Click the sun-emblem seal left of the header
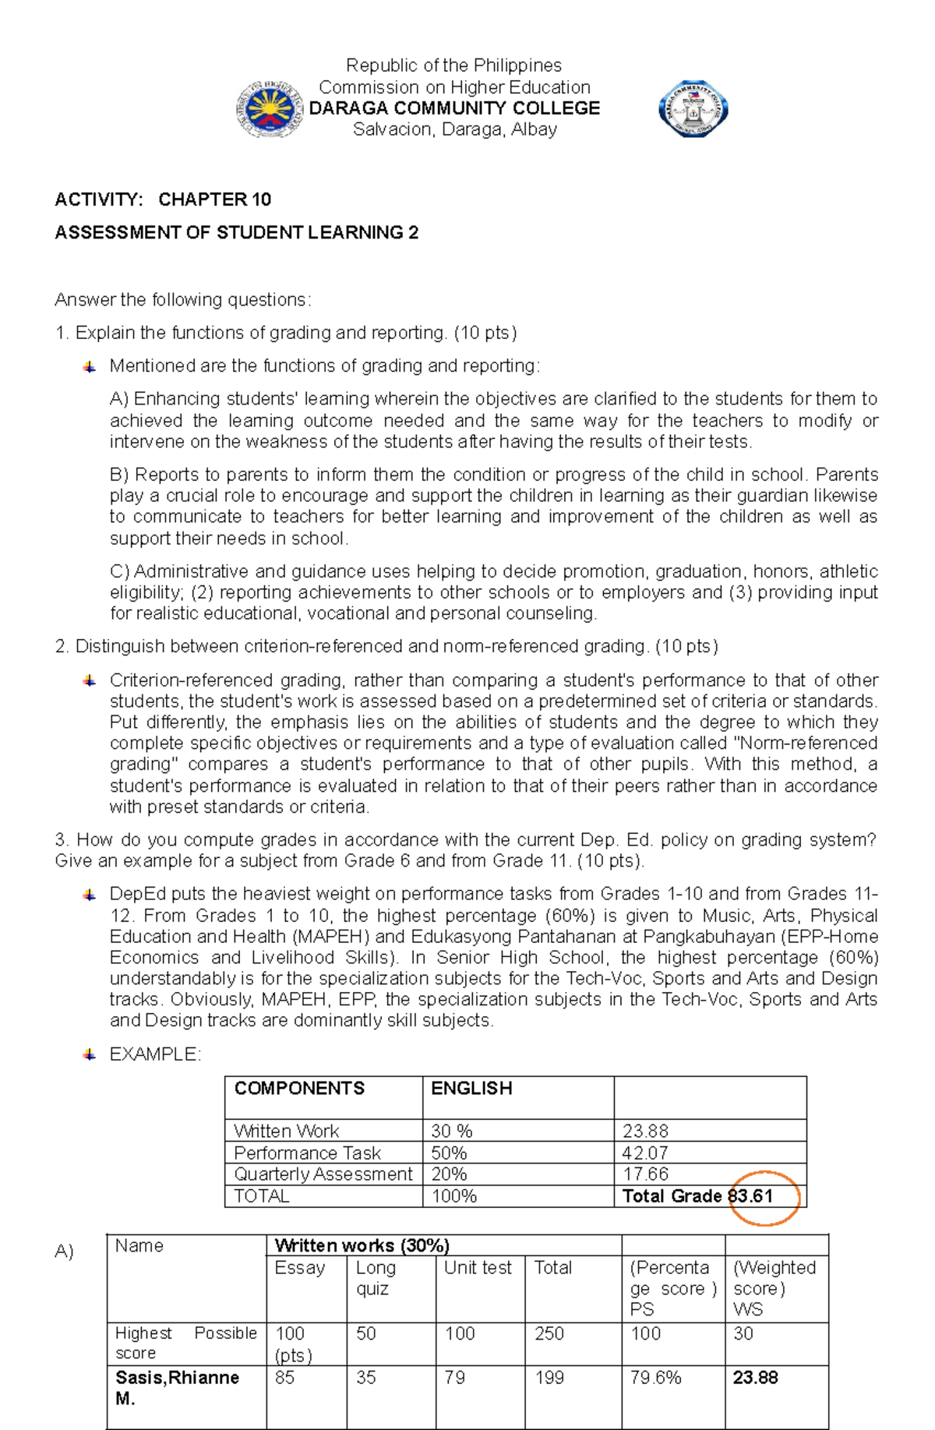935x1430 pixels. coord(270,110)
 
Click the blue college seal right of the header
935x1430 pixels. coord(693,109)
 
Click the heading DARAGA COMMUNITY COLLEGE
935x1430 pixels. coord(454,108)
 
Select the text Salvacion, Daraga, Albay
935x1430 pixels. coord(454,129)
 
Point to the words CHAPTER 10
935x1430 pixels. coord(214,199)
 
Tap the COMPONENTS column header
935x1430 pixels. coord(299,1089)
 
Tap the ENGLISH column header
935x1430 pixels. coord(471,1089)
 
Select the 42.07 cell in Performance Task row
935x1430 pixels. coord(645,1153)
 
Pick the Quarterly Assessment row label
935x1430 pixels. coord(323,1174)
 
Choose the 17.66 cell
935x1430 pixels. coord(645,1174)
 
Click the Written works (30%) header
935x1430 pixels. coord(362,1245)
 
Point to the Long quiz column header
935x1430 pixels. coord(376,1278)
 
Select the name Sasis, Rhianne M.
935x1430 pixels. coord(177,1388)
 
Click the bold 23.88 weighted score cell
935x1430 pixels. coord(755,1378)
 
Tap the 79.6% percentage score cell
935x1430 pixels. coord(655,1378)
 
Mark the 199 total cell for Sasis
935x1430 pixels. coord(549,1378)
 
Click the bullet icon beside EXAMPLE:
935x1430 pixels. coord(90,1054)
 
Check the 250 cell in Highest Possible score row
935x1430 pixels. coord(549,1333)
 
